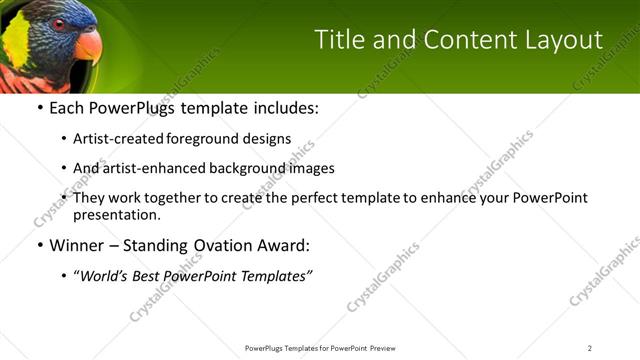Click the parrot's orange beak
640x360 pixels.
[88, 46]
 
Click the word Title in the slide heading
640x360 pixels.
[336, 39]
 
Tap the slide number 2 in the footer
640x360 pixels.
[590, 348]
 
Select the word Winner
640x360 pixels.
[76, 245]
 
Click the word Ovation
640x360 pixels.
[219, 245]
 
